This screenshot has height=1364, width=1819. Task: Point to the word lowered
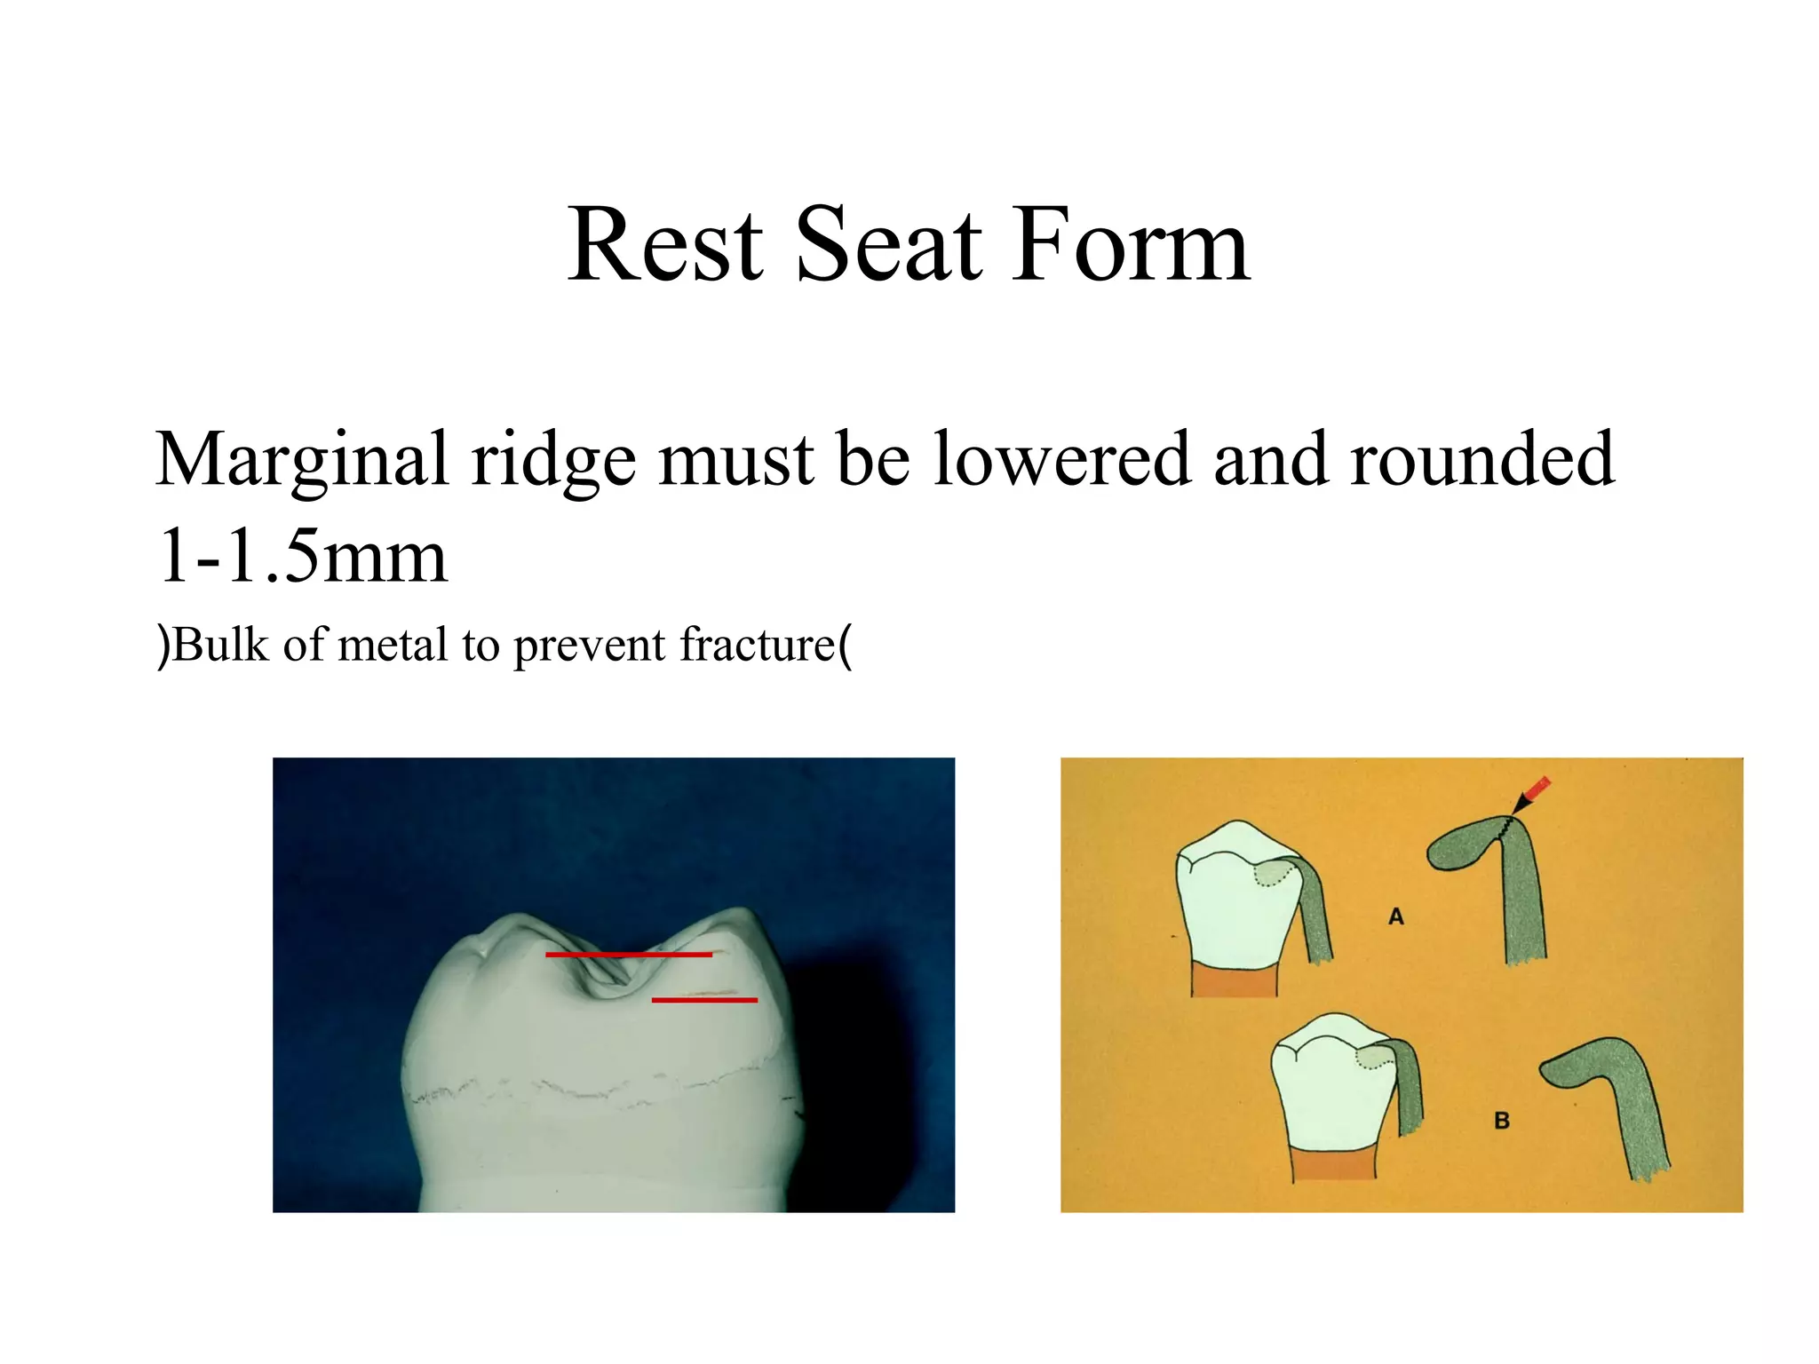pos(1060,460)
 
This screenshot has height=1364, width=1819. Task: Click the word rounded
pos(1481,460)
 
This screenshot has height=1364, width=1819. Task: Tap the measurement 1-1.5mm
pos(302,558)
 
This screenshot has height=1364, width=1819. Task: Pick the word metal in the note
pos(393,646)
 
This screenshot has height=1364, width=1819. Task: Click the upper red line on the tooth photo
pos(629,955)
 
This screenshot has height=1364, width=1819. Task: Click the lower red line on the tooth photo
pos(704,1000)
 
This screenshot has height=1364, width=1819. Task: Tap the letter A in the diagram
pos(1396,916)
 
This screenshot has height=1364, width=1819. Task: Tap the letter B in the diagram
pos(1502,1121)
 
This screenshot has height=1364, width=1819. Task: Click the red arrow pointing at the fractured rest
pos(1535,792)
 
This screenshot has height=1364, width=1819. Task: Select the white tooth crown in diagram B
pos(1328,1101)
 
